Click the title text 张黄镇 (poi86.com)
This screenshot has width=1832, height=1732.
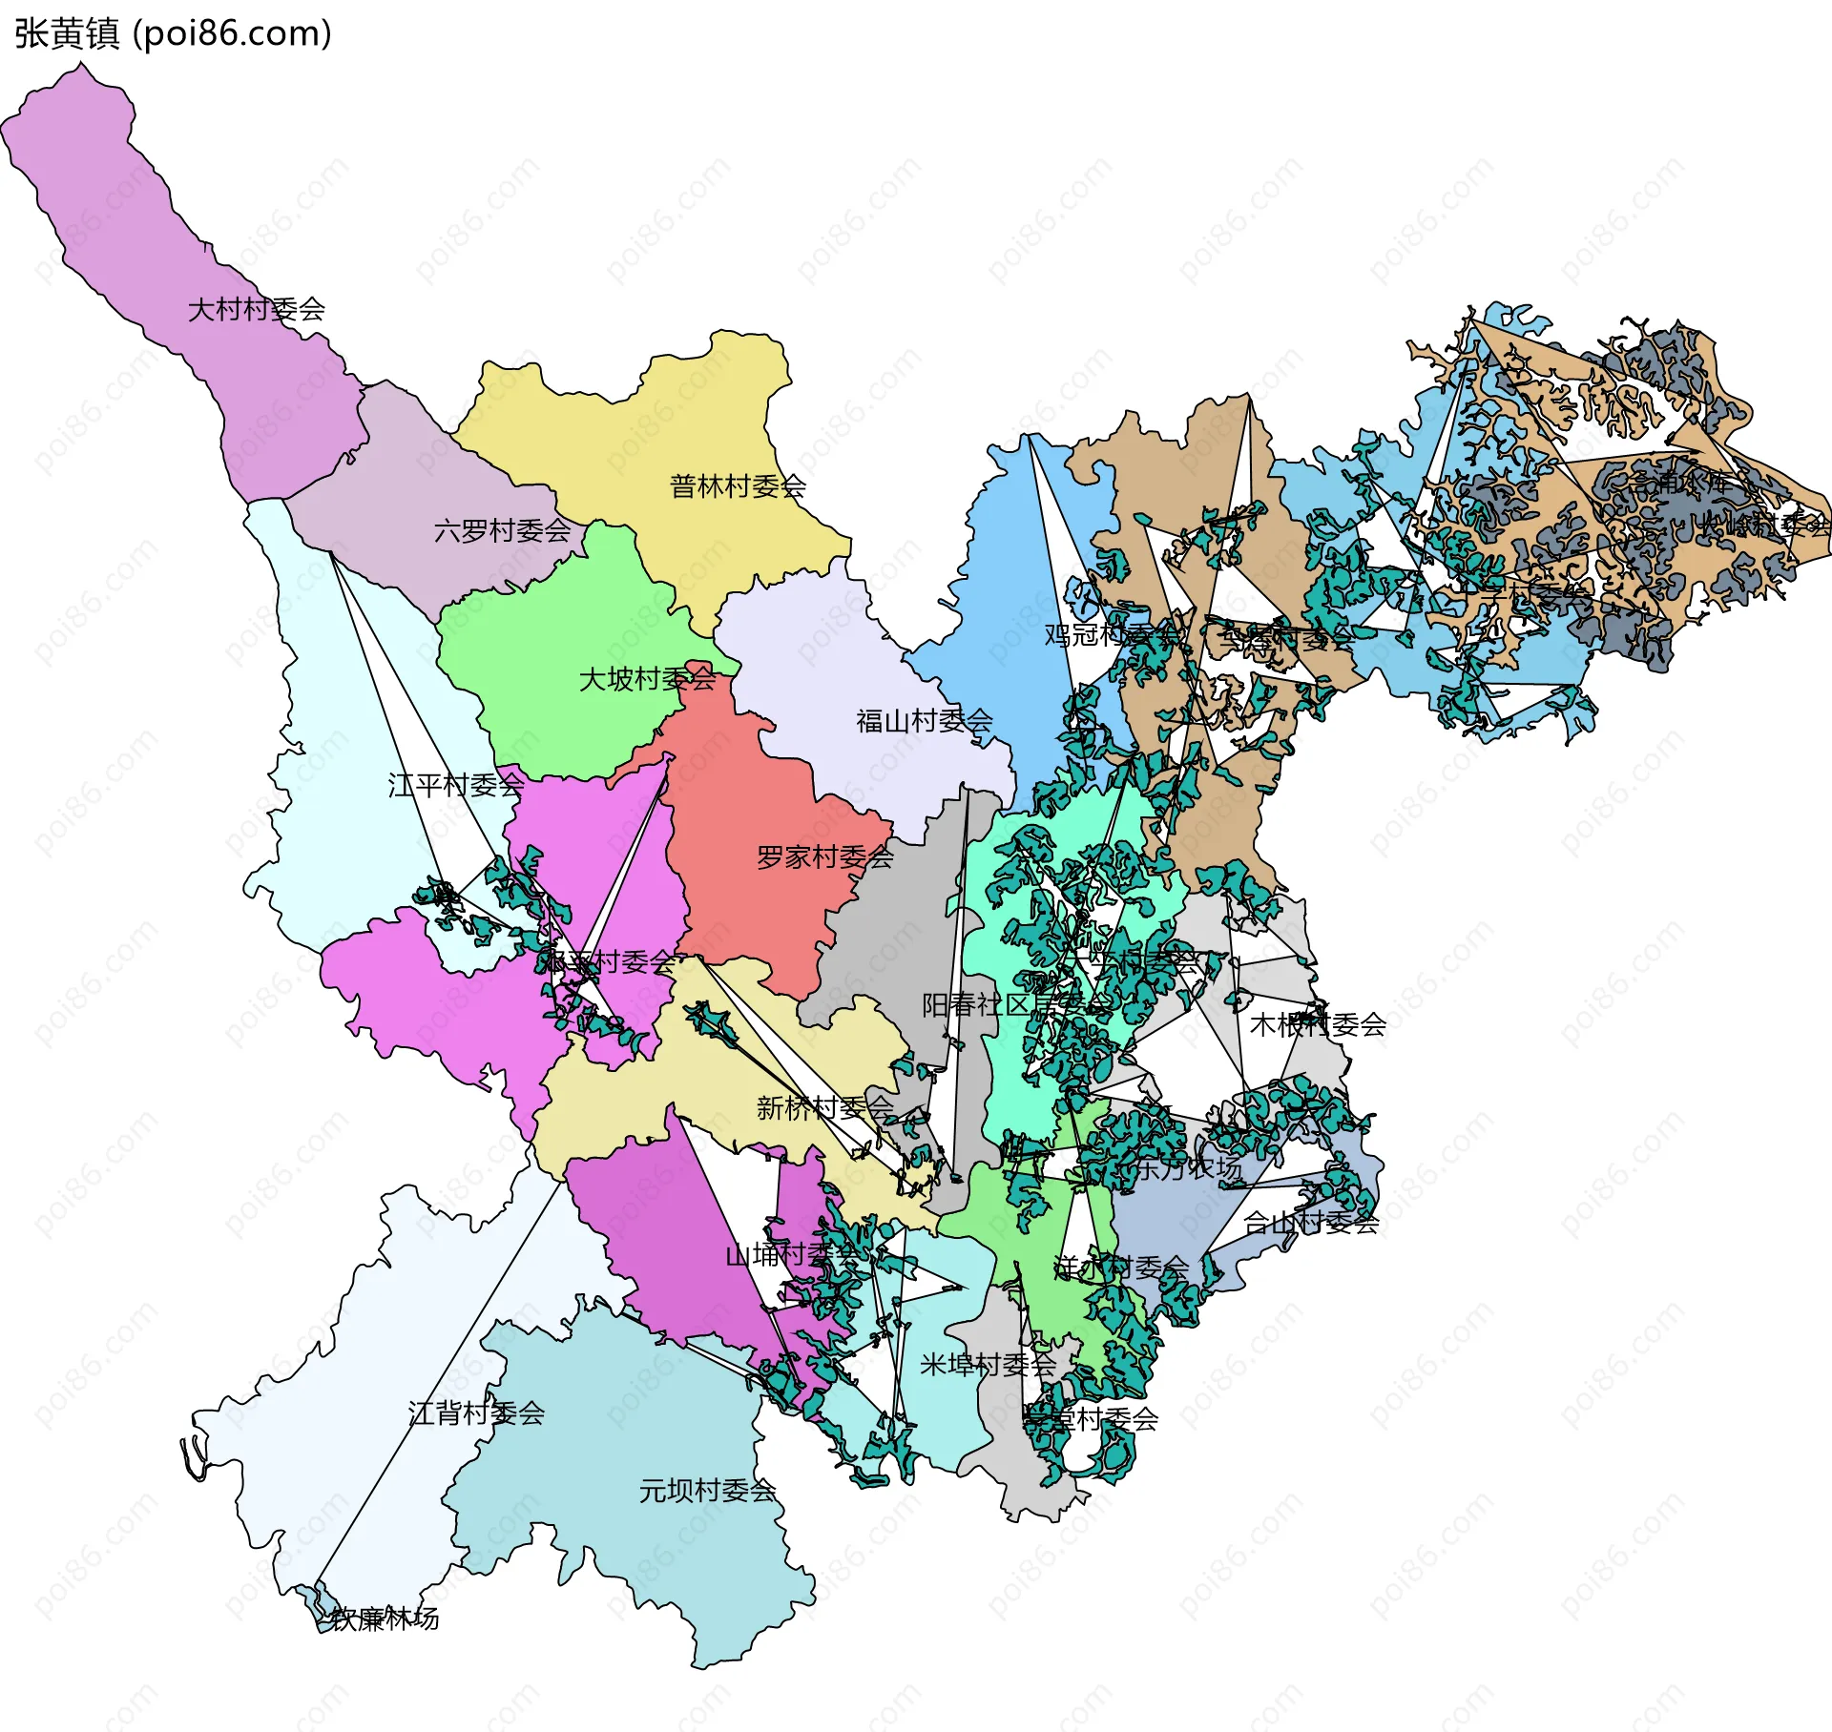[x=173, y=33]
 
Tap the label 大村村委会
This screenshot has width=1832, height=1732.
[x=257, y=309]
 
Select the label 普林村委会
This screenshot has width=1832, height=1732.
[x=738, y=486]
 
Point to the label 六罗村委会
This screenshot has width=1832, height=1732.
[x=502, y=530]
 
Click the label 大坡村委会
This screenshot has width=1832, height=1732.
[x=647, y=679]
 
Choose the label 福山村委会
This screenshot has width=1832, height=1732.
[x=924, y=721]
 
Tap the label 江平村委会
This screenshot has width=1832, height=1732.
[x=455, y=785]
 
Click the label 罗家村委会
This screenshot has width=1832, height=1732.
[x=824, y=857]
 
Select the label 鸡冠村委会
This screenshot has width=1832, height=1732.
[x=1112, y=634]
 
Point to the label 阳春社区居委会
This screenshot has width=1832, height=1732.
[x=1016, y=1004]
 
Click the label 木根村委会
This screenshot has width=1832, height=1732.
[x=1317, y=1024]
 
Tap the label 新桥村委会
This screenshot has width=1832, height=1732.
[x=824, y=1107]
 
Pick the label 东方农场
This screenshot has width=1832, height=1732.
[x=1188, y=1168]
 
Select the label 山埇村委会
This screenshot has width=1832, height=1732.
[x=792, y=1255]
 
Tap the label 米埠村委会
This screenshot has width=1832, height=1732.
[x=988, y=1365]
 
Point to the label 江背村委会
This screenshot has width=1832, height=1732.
[x=476, y=1412]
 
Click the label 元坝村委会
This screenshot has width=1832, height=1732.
[x=707, y=1490]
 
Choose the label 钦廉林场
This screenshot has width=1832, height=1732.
[x=385, y=1619]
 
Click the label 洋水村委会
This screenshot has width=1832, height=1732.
[x=1121, y=1268]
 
